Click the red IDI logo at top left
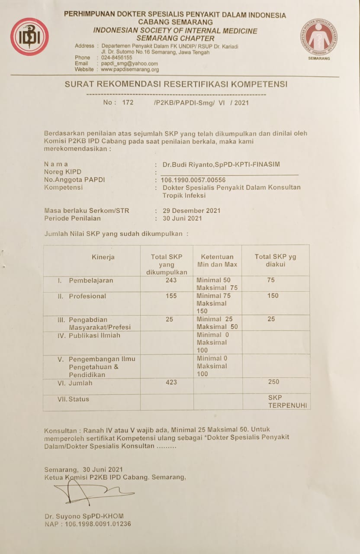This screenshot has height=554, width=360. (x=29, y=37)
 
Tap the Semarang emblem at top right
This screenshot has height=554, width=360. (x=319, y=38)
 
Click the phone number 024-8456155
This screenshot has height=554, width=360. (x=117, y=58)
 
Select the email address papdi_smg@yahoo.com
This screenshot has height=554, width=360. (x=129, y=64)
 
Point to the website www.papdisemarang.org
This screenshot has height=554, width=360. (x=130, y=69)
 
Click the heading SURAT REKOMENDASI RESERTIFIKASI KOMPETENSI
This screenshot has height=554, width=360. (x=176, y=84)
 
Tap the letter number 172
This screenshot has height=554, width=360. (x=128, y=103)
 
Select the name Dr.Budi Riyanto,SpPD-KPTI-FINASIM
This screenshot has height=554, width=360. (x=221, y=164)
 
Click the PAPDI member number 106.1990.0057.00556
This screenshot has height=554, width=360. (x=193, y=180)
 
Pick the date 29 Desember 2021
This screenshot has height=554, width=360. (x=191, y=211)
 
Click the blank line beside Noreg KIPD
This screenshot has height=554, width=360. (x=229, y=173)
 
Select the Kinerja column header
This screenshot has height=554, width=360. (x=103, y=257)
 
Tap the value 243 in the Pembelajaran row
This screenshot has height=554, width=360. (x=171, y=280)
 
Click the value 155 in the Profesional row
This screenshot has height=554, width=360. (x=171, y=296)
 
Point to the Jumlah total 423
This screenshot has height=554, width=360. (x=171, y=382)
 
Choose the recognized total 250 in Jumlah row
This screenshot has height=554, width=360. (x=273, y=382)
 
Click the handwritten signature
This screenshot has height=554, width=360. (x=91, y=493)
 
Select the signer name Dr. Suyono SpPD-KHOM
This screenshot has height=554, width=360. (x=84, y=516)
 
